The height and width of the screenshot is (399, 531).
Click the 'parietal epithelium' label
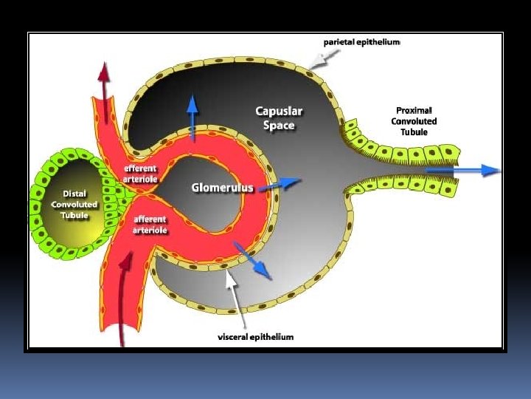[x=361, y=42]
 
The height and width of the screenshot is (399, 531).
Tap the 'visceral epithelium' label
[x=255, y=337]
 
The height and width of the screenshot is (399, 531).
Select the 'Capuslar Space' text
[x=279, y=118]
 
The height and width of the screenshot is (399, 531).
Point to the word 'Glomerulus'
[x=222, y=188]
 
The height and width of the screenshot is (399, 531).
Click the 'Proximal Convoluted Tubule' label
[x=414, y=121]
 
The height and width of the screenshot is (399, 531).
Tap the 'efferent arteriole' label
[x=139, y=173]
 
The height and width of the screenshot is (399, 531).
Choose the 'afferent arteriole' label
[x=150, y=225]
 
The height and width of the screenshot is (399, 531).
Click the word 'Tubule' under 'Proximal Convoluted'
[x=414, y=132]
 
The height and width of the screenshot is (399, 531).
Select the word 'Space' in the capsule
[x=279, y=125]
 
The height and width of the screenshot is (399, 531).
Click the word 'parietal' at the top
[x=341, y=42]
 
